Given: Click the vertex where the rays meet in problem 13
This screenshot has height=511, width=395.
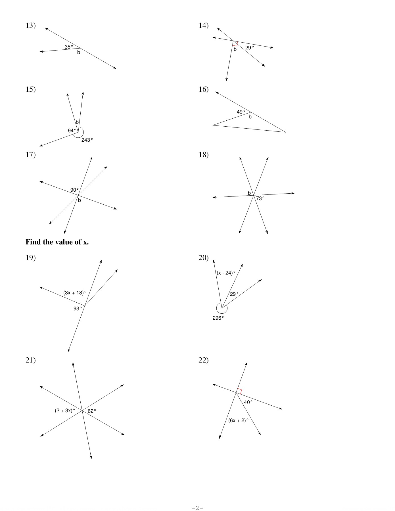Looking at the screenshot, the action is tap(80, 48).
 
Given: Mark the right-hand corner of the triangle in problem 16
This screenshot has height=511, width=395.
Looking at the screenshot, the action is tap(286, 132).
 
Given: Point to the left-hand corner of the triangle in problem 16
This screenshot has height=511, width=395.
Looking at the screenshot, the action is tap(213, 125).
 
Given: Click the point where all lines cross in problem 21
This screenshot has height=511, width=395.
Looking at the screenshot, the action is tap(82, 411).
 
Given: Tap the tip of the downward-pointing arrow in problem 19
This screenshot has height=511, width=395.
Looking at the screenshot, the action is tap(68, 352).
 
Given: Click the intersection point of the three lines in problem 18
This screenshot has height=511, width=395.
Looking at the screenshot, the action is tap(254, 195).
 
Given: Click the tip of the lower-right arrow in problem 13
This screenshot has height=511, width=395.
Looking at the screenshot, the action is tap(116, 68).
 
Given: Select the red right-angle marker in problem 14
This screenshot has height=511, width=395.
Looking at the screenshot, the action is tap(235, 43).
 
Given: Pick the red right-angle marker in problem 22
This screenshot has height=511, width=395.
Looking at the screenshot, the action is tap(239, 391).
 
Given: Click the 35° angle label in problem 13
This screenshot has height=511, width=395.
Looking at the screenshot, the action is tap(69, 47).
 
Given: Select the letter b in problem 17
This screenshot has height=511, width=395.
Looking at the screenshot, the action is tap(80, 200).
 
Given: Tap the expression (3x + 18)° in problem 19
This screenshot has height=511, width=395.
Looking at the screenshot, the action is tap(75, 293).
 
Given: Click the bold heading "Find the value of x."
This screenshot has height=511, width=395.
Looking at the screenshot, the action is tap(57, 242).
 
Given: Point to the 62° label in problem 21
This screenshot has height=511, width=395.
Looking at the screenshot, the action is tap(92, 411).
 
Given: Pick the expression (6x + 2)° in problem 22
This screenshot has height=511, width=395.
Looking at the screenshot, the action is tap(239, 420).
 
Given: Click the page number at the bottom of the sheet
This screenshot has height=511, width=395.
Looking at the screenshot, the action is tap(197, 508).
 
